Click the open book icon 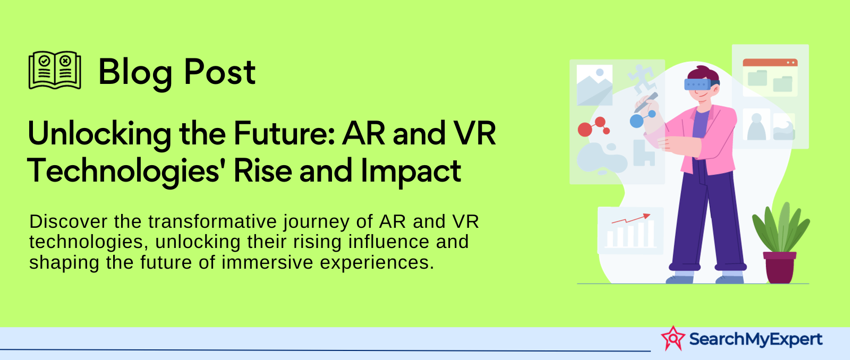55,70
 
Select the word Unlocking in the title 99,134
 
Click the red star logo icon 673,339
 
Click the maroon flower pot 779,268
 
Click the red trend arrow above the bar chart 631,219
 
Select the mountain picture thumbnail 594,85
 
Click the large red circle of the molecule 585,130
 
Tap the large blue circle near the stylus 637,121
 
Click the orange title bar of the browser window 770,63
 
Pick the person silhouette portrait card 756,124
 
